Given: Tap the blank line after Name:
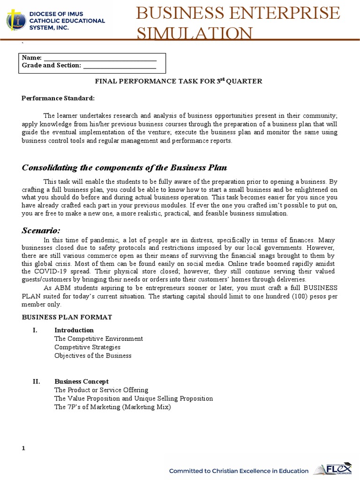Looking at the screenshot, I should pos(99,58).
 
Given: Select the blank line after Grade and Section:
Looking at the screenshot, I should pos(119,66).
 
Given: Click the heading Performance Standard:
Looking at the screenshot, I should pos(58,98).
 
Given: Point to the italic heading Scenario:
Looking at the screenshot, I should pos(41,230).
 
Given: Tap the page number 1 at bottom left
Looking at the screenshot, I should pos(23,449).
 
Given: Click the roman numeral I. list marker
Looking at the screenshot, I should pos(35,330).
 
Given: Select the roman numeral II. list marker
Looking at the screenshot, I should pos(36,382).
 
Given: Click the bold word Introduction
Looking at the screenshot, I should pos(74,330).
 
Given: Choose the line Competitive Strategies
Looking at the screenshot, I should pos(87,347).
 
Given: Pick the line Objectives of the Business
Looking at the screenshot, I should pos(93,355).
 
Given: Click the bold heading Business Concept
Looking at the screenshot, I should pos(82,382).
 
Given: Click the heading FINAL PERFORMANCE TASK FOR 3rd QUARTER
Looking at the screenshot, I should pos(179,82).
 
